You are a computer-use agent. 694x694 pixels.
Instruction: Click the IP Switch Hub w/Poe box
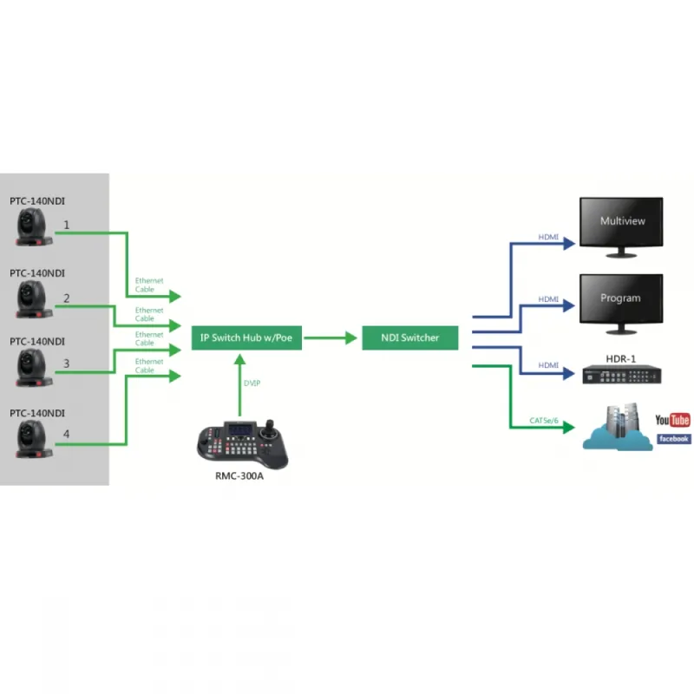(x=247, y=337)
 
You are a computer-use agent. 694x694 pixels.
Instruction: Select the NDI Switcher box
(x=410, y=337)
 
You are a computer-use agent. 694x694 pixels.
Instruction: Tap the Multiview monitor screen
(x=622, y=222)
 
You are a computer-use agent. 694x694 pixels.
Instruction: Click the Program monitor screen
(x=620, y=298)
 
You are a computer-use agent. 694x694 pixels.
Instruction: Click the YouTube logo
(x=672, y=421)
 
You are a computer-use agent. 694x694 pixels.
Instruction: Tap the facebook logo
(x=674, y=439)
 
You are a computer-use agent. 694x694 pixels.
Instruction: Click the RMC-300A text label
(x=239, y=475)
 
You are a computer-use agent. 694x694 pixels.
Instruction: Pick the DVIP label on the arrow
(x=252, y=382)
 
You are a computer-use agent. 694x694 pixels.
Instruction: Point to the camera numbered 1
(x=35, y=227)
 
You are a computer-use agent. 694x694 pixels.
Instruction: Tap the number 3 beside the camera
(x=67, y=365)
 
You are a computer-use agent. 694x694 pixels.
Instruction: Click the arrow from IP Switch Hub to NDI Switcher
(x=331, y=337)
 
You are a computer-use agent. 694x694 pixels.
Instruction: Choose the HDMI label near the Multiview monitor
(x=548, y=236)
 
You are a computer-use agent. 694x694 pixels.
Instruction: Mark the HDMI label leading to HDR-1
(x=548, y=365)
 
